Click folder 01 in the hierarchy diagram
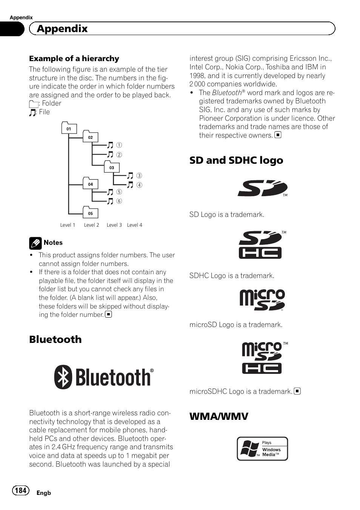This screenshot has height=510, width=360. click(x=69, y=128)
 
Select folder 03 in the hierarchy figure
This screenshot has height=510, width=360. click(x=112, y=167)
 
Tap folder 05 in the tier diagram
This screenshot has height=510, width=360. click(x=90, y=213)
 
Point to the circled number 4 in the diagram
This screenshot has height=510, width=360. click(x=139, y=185)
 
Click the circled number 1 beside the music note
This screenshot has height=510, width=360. click(x=119, y=145)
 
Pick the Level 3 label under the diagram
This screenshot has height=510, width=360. click(x=114, y=225)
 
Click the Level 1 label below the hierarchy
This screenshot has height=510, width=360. click(x=68, y=225)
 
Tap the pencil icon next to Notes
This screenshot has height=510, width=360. click(x=35, y=243)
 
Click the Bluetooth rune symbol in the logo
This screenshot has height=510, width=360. click(x=63, y=377)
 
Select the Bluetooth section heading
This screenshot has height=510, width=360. click(x=55, y=339)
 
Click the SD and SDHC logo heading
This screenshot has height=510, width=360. click(x=236, y=160)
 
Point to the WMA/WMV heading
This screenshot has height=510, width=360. click(x=219, y=416)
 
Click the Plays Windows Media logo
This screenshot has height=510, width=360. click(x=262, y=449)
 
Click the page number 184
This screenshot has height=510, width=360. click(x=20, y=490)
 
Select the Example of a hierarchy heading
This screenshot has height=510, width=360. click(x=74, y=58)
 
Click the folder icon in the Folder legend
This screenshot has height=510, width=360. click(x=34, y=104)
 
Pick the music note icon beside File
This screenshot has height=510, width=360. click(x=33, y=112)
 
